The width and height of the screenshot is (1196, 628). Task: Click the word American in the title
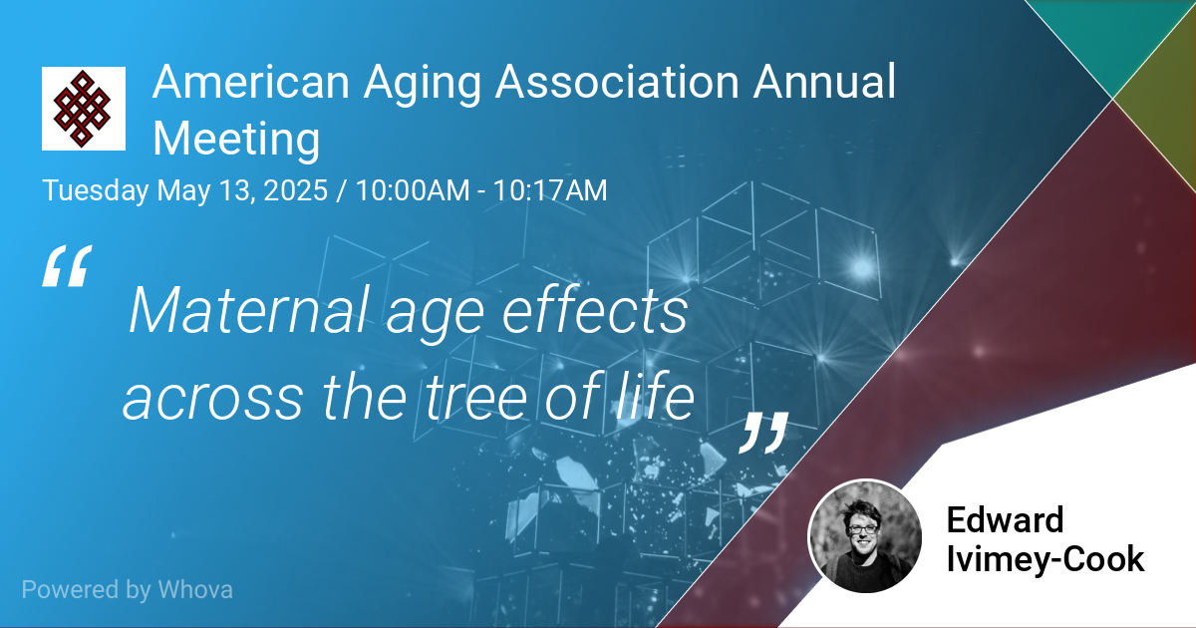(x=251, y=82)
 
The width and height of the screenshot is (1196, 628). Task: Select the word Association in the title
(x=617, y=82)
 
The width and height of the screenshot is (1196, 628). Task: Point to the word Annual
(x=824, y=82)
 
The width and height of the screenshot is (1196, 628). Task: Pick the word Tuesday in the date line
(x=95, y=191)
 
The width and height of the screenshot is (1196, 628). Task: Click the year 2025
(x=295, y=190)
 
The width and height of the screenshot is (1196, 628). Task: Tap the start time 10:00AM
(x=413, y=190)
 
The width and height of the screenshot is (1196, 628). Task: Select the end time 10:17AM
(x=550, y=190)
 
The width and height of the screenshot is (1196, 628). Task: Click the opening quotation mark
(x=68, y=266)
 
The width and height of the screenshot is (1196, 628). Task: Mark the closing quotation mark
(x=763, y=433)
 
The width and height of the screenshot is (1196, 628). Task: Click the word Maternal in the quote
(x=249, y=311)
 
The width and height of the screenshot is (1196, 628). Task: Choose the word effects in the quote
(x=595, y=310)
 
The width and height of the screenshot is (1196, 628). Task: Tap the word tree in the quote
(x=475, y=397)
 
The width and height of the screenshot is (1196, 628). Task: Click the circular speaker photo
(x=865, y=535)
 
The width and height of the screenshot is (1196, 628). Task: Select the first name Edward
(x=1005, y=520)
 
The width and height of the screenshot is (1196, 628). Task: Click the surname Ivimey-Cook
(x=1046, y=560)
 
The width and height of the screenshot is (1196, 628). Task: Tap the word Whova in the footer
(x=195, y=589)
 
